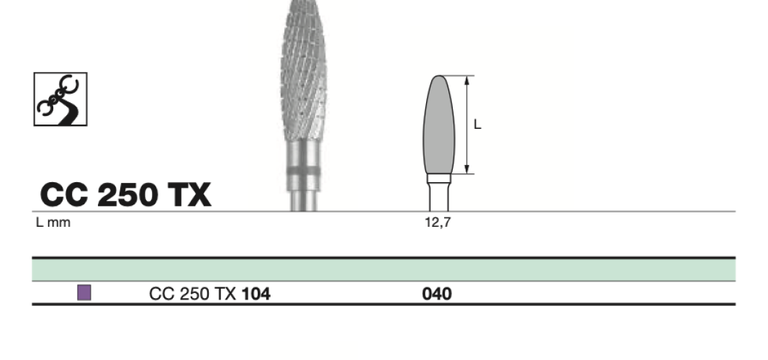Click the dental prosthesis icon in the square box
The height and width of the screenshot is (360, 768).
[60, 99]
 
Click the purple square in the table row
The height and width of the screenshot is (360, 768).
[84, 292]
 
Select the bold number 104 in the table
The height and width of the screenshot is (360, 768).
[256, 294]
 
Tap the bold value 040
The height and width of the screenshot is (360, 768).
[437, 294]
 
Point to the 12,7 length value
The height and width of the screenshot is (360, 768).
[438, 222]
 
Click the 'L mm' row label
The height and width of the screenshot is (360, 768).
[53, 222]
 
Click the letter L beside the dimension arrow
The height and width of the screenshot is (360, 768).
[477, 125]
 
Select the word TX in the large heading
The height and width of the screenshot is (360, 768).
[189, 194]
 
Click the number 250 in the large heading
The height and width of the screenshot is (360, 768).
[127, 194]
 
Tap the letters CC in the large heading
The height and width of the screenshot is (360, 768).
[64, 194]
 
